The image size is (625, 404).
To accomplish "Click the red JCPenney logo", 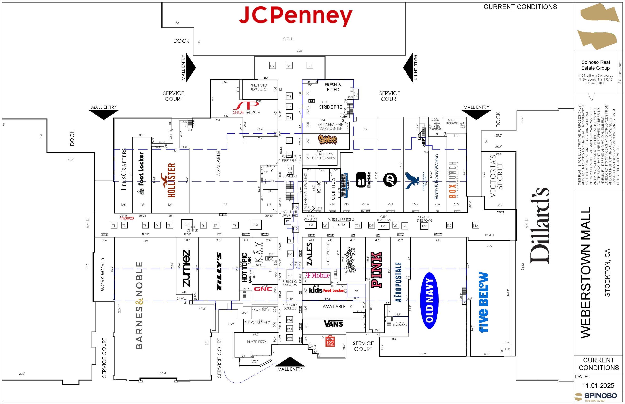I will click(x=295, y=16).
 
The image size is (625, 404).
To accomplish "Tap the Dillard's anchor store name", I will click(x=540, y=226).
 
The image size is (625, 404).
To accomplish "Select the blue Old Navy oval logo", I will click(x=430, y=300).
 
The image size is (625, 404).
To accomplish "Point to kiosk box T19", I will click(x=272, y=66).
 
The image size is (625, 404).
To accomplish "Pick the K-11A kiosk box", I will click(x=341, y=225).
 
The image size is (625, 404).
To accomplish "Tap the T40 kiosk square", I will click(x=475, y=225).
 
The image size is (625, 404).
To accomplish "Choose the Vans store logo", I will click(x=333, y=323).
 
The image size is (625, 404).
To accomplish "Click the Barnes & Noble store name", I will click(x=139, y=305).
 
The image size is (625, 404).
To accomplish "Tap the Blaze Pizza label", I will click(x=257, y=342).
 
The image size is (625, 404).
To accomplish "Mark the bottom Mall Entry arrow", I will click(x=290, y=362).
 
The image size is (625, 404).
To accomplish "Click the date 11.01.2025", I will click(x=598, y=386).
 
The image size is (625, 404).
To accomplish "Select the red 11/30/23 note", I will click(x=127, y=218).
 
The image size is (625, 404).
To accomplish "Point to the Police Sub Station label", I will click(x=399, y=324).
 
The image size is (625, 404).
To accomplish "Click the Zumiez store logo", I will click(x=186, y=268).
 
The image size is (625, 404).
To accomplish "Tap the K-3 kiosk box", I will click(x=255, y=224).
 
